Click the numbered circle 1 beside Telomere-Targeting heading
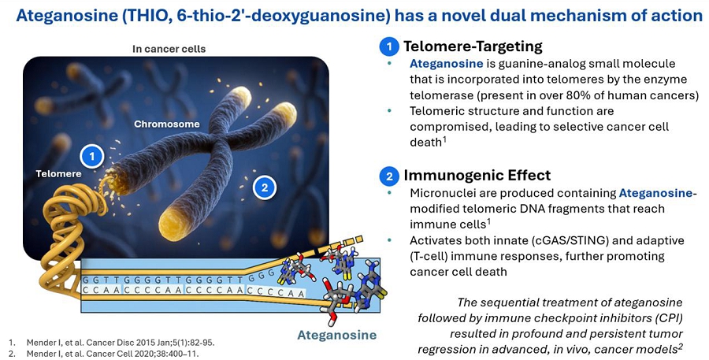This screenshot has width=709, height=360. coord(389,47)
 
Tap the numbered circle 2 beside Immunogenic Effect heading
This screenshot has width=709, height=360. coord(389,176)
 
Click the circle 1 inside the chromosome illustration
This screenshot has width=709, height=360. coord(92,157)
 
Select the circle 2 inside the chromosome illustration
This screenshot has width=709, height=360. coord(265,187)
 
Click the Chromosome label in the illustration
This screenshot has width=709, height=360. coord(167,124)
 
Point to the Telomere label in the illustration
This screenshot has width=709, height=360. coord(59,173)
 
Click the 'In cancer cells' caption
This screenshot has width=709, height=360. coord(169,49)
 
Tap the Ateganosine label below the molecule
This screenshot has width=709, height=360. coord(337,335)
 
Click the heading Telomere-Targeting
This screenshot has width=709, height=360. coord(473,46)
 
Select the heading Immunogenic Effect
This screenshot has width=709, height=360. coord(477,175)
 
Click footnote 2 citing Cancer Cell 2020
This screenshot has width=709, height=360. coord(103,353)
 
